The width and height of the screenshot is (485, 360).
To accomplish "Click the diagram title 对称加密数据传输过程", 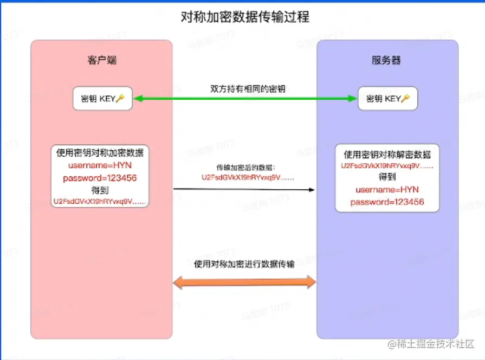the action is (244, 17).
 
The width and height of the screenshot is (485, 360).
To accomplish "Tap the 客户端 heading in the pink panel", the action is (101, 60).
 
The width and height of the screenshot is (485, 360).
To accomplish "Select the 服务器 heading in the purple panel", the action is (386, 60).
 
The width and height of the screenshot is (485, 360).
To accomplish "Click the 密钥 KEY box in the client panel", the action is (102, 99).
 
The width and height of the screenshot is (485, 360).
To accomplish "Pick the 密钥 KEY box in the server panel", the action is (388, 99).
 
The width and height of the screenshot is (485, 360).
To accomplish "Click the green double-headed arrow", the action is (244, 99).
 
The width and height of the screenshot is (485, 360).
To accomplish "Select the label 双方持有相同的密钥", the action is (247, 88).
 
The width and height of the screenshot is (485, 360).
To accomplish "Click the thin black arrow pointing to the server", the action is (244, 189).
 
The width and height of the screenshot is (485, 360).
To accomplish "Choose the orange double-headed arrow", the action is (244, 282).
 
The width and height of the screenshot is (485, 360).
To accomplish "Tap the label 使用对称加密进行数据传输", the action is (244, 264).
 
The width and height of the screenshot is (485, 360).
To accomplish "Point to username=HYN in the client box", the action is (100, 165).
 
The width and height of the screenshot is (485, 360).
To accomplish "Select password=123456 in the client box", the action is (100, 178).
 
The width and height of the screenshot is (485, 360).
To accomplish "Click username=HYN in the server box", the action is (387, 190).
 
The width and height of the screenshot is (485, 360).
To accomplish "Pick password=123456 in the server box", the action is (387, 202).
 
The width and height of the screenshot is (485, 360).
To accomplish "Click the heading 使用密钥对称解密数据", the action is (387, 155).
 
